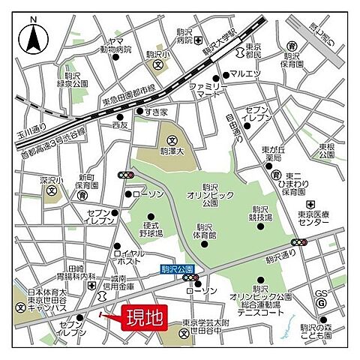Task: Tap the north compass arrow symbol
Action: pyautogui.click(x=34, y=37)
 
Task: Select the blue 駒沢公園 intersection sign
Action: pyautogui.click(x=177, y=268)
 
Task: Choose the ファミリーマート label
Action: pyautogui.click(x=208, y=91)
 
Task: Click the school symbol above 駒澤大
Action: pyautogui.click(x=172, y=140)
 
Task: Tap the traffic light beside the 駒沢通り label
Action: pyautogui.click(x=299, y=242)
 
